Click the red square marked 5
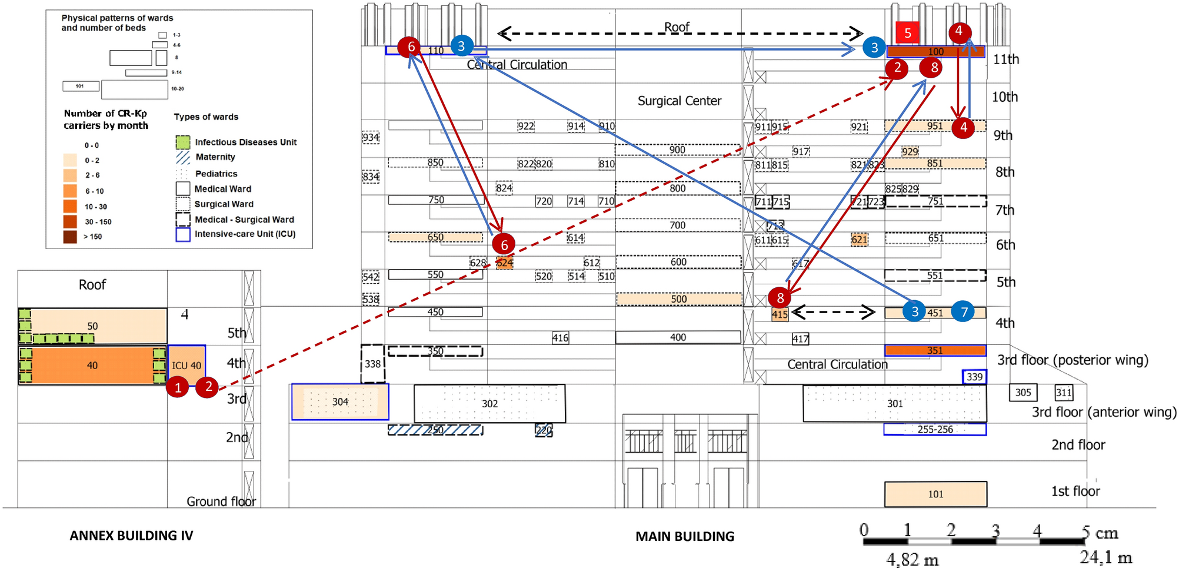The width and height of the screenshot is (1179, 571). coord(907,33)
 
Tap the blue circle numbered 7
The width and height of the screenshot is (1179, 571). coord(963,312)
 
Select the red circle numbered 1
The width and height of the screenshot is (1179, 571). coord(178,387)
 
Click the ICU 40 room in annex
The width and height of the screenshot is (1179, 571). coord(186,366)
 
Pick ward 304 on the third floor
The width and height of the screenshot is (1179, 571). coord(340,402)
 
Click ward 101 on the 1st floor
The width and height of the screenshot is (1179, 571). coord(935,494)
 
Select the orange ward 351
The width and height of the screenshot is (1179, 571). coord(935,351)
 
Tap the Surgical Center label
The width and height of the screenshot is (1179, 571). coord(679,101)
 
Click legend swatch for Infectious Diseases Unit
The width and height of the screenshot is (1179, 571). coord(183,142)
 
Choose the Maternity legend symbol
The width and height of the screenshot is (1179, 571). coord(183,157)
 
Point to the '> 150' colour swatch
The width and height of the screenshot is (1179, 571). coord(70,237)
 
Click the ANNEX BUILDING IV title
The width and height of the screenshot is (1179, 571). coord(131,536)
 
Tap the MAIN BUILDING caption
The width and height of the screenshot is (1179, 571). coord(685,536)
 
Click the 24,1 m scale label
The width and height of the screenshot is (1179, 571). coord(1105,557)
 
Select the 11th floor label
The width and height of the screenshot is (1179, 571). coord(1005,59)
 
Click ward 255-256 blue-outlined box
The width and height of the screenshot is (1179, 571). coord(935,430)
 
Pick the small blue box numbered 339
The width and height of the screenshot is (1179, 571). coord(974,377)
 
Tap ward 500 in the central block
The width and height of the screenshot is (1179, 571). coord(678,299)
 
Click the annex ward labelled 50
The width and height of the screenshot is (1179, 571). coord(92,326)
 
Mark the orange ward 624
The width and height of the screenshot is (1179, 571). coord(504,263)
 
